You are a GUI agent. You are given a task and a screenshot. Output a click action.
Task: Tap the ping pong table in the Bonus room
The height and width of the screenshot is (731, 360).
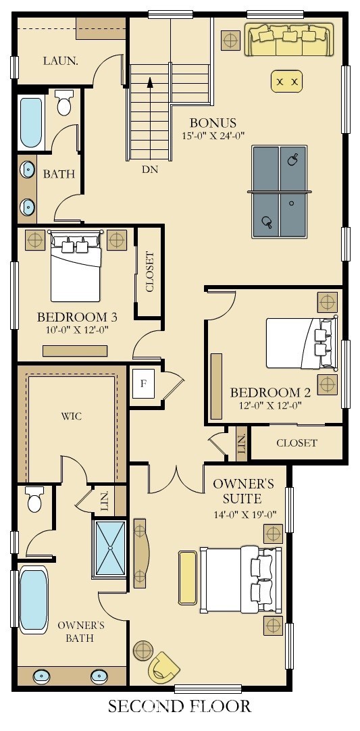pyautogui.click(x=280, y=192)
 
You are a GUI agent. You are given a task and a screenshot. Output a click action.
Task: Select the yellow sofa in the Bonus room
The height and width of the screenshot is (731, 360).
pyautogui.click(x=290, y=39)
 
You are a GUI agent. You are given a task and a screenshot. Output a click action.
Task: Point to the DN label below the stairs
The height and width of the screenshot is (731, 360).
pyautogui.click(x=150, y=170)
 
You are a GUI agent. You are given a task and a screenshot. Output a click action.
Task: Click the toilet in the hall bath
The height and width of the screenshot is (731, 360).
pyautogui.click(x=64, y=103)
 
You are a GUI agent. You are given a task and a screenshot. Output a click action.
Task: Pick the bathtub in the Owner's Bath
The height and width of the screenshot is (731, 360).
pyautogui.click(x=34, y=599)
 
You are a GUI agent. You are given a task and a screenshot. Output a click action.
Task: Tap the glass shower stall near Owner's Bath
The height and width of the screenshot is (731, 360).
pyautogui.click(x=110, y=549)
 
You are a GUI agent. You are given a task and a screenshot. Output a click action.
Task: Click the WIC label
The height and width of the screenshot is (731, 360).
pyautogui.click(x=72, y=416)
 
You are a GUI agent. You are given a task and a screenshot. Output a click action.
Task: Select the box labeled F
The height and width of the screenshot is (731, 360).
pyautogui.click(x=143, y=384)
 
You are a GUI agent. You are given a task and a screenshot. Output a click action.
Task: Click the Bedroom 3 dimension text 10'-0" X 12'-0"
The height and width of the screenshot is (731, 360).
pyautogui.click(x=77, y=330)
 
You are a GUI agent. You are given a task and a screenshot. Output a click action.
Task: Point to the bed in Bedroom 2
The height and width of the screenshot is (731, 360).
pyautogui.click(x=301, y=343)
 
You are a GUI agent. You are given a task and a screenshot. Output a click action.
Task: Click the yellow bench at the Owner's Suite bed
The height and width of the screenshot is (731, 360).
pyautogui.click(x=188, y=578)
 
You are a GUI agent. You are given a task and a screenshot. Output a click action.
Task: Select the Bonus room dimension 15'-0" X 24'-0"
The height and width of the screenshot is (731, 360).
pyautogui.click(x=213, y=136)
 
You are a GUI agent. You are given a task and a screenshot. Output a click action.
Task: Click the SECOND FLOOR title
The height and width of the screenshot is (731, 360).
pyautogui.click(x=180, y=706)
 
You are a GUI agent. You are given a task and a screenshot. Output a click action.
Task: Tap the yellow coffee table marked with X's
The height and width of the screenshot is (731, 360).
pyautogui.click(x=286, y=82)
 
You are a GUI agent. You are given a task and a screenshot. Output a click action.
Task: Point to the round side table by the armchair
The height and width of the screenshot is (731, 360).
pyautogui.click(x=143, y=651)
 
